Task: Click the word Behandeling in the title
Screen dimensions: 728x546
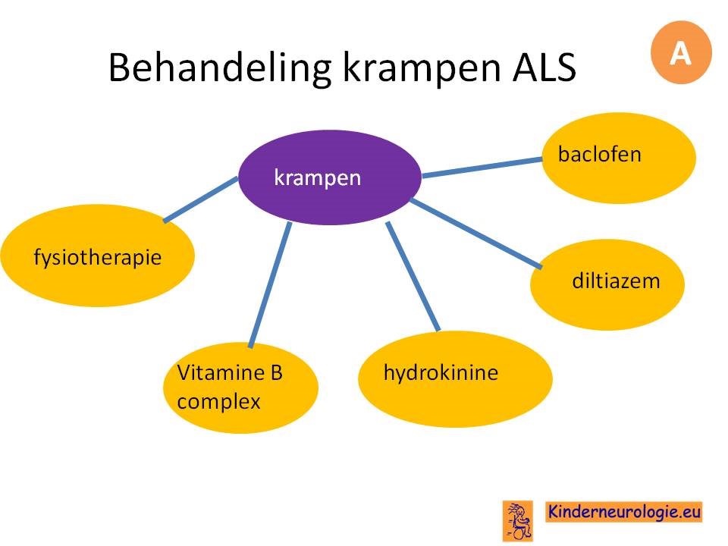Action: click(220, 67)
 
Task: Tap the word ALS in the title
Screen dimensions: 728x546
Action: click(544, 67)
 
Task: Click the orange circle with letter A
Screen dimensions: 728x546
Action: click(681, 52)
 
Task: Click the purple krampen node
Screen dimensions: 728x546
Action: click(330, 177)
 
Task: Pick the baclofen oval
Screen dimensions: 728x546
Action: click(619, 158)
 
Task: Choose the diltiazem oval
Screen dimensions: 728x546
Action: click(607, 284)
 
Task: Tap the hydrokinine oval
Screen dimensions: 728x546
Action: click(456, 379)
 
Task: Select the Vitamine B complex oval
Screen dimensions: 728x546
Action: click(240, 388)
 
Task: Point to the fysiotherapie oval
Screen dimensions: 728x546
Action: click(98, 256)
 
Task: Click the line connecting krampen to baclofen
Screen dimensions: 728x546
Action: click(482, 168)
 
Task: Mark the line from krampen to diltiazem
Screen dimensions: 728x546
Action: click(477, 234)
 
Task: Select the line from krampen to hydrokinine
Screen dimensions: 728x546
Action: click(413, 277)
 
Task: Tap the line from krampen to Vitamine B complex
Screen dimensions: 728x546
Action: click(270, 285)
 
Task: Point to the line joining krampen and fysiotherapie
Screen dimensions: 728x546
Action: click(200, 199)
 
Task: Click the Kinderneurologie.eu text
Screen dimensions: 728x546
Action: click(623, 512)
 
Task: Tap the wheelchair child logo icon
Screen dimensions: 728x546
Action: click(518, 520)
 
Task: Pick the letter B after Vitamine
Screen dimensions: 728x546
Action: click(276, 372)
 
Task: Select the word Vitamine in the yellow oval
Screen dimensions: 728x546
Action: click(221, 372)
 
